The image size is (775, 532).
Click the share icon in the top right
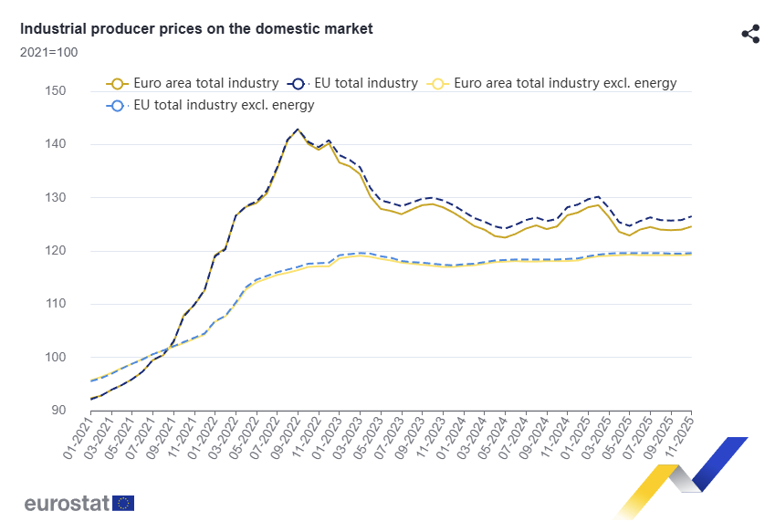point(750,35)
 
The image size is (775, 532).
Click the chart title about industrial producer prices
point(196,29)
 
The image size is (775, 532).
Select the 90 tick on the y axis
point(58,411)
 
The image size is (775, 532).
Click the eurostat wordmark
point(66,503)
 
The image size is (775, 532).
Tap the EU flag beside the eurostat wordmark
point(123,503)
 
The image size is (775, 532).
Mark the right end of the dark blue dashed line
point(691,216)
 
